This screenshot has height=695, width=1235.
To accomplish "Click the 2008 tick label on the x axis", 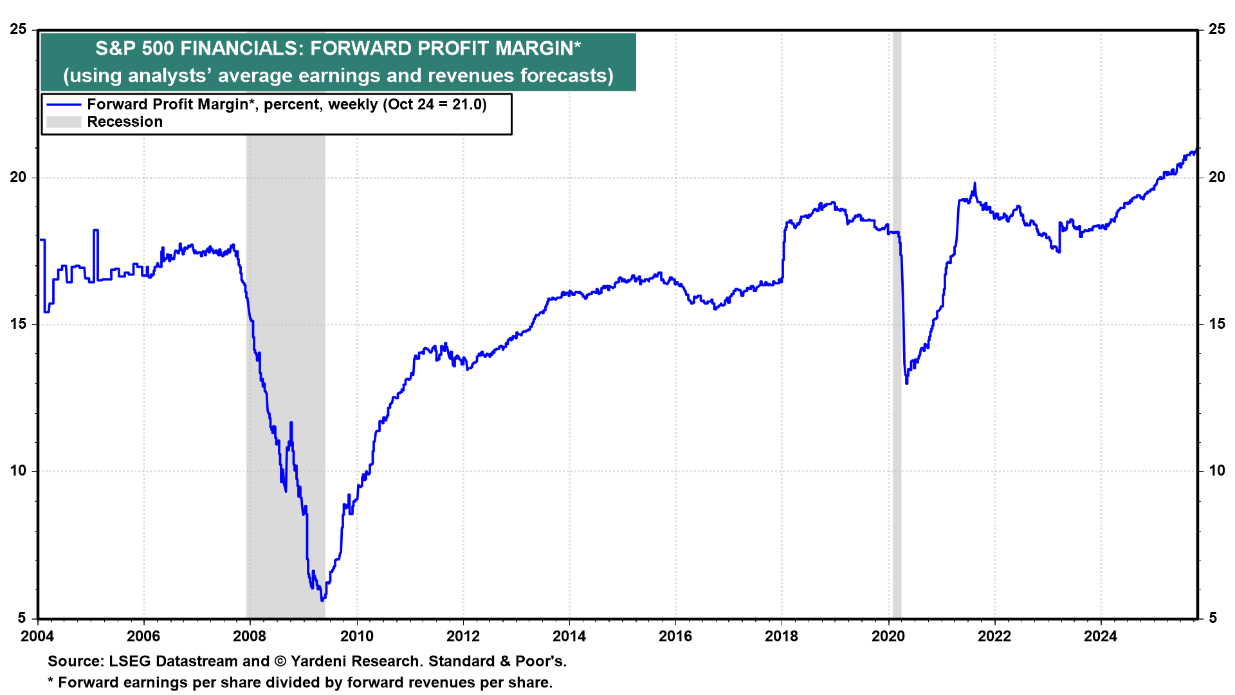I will (250, 636).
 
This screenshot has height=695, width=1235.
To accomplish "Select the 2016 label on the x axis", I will (675, 636).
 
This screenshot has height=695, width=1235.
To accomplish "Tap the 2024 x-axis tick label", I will (1101, 636).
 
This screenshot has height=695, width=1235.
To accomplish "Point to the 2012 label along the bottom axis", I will (462, 636).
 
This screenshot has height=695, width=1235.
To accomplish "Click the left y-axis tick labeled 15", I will (19, 324).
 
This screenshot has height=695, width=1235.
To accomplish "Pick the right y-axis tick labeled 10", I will (1217, 470).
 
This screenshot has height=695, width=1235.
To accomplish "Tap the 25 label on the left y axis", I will (19, 30).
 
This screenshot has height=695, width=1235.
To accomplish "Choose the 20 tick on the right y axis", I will (1217, 177).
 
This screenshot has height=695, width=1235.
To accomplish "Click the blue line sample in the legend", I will (64, 105).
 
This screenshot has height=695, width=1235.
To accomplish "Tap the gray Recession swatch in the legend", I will (64, 122).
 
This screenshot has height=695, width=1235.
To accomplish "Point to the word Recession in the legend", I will (125, 122).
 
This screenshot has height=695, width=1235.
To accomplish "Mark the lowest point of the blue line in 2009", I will (322, 600).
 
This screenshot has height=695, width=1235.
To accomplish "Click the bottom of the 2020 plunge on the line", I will (907, 383).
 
